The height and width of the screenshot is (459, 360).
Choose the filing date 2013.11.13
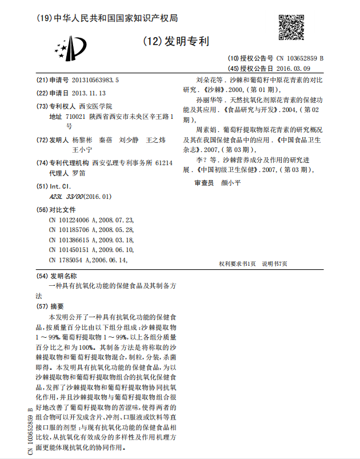point(90,93)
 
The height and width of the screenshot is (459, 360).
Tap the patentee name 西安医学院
point(95,106)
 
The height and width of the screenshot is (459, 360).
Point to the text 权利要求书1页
point(237,264)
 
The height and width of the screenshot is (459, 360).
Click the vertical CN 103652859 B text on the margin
point(31,431)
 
